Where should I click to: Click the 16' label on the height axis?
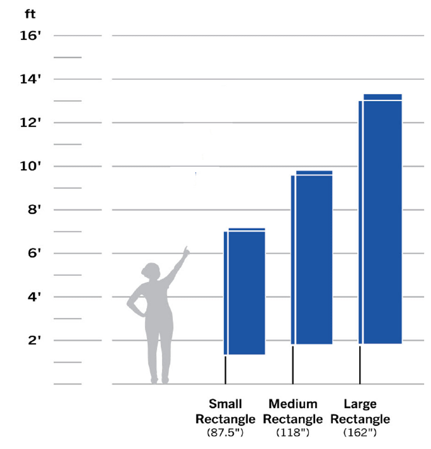coord(30,35)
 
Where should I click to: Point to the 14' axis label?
coord(30,79)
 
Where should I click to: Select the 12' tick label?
coord(30,123)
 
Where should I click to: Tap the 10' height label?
coord(30,166)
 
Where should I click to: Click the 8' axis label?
coord(34,210)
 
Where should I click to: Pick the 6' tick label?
coord(34,253)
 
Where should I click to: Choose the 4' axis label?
coord(34,297)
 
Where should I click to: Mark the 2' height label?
coord(34,340)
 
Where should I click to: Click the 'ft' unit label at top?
coord(30,14)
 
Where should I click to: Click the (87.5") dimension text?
coord(225,433)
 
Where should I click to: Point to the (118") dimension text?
coord(293,433)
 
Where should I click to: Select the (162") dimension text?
coord(360,433)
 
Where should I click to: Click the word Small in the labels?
coord(225,404)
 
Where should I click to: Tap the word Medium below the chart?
coord(293,404)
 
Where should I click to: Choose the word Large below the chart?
coord(360,404)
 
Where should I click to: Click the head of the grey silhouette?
coord(151,271)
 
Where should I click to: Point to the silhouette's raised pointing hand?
coord(186,251)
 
